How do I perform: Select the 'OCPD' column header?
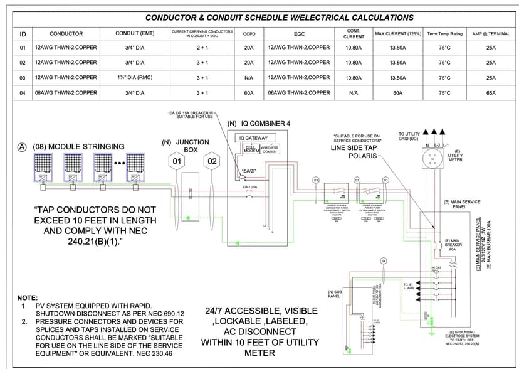point(249,33)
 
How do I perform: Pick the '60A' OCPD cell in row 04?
point(249,93)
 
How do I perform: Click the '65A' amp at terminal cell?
point(491,93)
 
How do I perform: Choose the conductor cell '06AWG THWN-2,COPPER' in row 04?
point(66,93)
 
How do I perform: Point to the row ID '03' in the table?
point(23,77)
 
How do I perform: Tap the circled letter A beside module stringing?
point(22,147)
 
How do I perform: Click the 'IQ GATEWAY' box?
point(253,138)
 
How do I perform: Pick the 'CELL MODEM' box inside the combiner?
point(251,149)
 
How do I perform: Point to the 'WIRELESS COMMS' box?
point(270,149)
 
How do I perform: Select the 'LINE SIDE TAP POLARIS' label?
point(354,151)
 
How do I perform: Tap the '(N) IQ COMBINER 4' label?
point(259,124)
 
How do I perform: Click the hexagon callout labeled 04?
point(384,261)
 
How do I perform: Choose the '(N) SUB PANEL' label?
point(334,294)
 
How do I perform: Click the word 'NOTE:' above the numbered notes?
point(28,297)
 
